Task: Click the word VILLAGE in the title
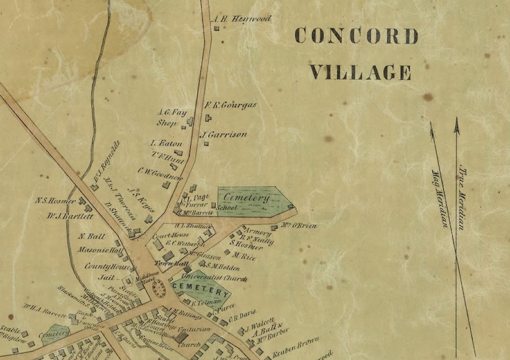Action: (x=360, y=72)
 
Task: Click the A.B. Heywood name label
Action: (x=242, y=19)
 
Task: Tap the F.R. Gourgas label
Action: (x=230, y=105)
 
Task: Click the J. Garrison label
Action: (x=224, y=135)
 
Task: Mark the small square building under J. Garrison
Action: (x=206, y=143)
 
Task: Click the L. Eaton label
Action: (x=166, y=143)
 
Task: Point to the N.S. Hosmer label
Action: (x=57, y=201)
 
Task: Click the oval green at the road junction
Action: (x=158, y=289)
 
